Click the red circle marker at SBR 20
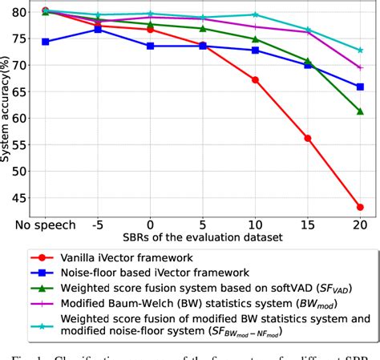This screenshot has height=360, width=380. [359, 207]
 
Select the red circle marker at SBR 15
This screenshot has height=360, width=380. [307, 138]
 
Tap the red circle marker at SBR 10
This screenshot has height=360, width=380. [255, 79]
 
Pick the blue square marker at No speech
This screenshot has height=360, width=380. [45, 42]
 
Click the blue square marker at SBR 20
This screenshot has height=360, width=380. [359, 87]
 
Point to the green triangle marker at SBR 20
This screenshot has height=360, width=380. [359, 111]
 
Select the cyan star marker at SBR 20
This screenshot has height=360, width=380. [359, 50]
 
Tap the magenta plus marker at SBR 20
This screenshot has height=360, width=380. [359, 68]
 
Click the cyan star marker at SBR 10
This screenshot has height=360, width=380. [255, 14]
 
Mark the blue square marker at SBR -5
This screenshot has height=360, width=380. [98, 29]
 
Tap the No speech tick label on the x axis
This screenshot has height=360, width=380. [46, 225]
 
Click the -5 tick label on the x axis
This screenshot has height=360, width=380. [98, 225]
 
